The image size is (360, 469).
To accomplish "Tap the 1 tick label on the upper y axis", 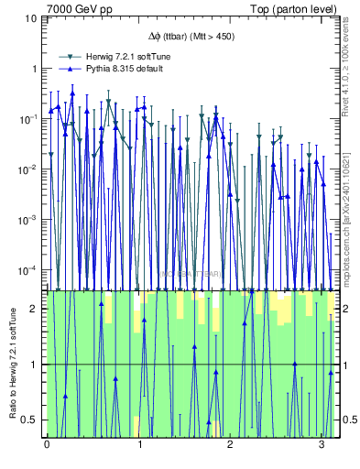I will (x=36, y=69).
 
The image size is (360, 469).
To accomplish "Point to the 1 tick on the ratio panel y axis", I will (x=36, y=365).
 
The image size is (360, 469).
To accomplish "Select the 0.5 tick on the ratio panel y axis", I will (x=32, y=420).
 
